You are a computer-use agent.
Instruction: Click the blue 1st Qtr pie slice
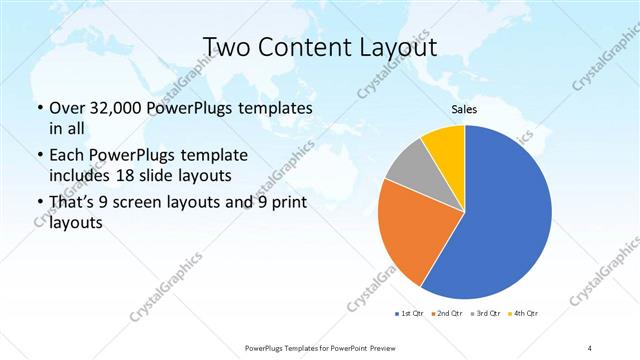click(x=505, y=220)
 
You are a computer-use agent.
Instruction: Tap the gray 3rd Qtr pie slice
click(x=410, y=180)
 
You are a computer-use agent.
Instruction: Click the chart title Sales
click(x=465, y=108)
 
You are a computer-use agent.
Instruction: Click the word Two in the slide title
click(x=226, y=47)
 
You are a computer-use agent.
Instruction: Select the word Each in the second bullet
click(x=65, y=156)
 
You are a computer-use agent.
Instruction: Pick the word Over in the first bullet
click(x=67, y=108)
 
